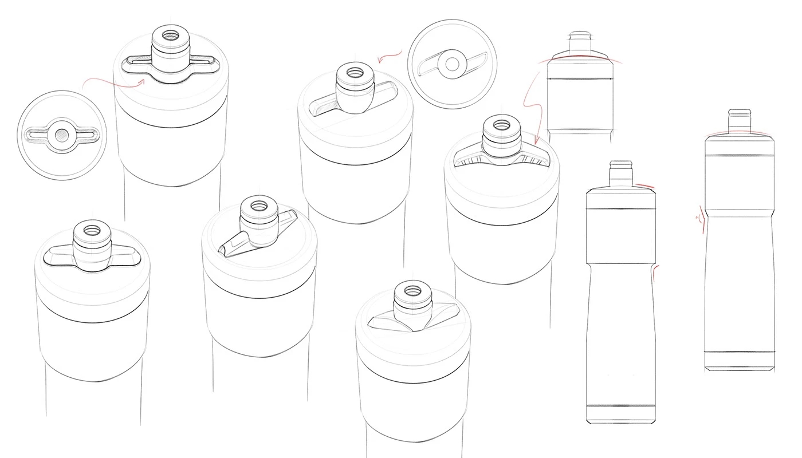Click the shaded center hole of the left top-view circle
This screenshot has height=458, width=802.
[62, 135]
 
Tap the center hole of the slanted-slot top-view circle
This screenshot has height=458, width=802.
[452, 65]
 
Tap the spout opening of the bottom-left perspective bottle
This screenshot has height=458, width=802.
[91, 230]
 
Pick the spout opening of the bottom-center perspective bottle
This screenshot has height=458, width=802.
[410, 289]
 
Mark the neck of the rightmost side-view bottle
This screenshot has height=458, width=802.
[739, 121]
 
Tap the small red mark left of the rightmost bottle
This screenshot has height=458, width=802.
[698, 218]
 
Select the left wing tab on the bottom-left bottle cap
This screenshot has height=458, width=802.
[57, 256]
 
